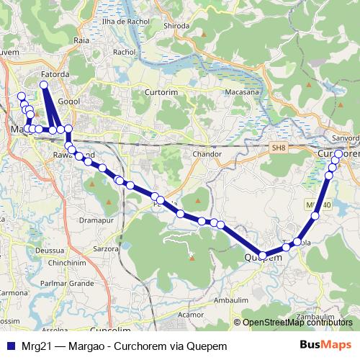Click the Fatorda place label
55,73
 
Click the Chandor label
208,154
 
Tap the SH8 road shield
279,148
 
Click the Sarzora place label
106,248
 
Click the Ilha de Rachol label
125,22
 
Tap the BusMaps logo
325,346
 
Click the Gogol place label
69,102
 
